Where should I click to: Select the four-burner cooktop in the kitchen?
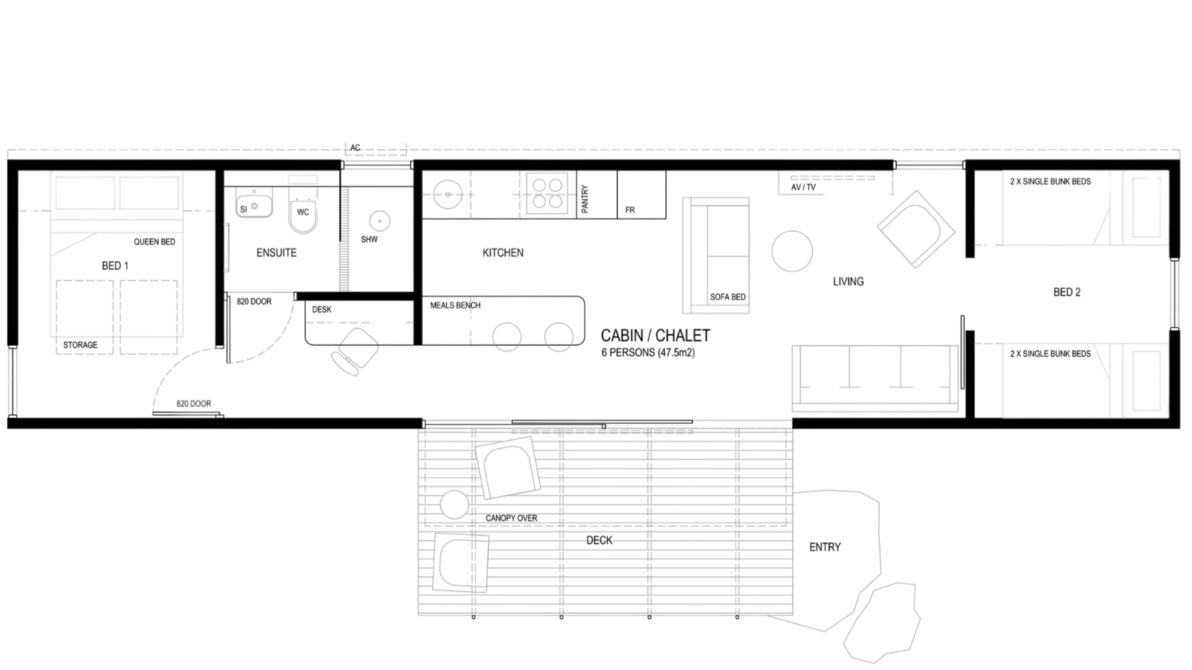pos(548,194)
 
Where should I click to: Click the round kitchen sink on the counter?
pos(448,194)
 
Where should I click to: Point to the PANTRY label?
pos(585,198)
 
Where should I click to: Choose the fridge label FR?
pos(630,210)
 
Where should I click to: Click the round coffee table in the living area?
pos(792,251)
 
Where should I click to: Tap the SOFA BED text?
pos(727,297)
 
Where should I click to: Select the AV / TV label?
pos(803,187)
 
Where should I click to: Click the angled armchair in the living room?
pos(915,230)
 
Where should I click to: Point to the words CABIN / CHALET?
pos(655,336)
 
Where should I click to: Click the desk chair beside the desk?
pos(355,351)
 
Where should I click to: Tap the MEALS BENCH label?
pos(455,305)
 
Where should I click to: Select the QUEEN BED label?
pos(155,241)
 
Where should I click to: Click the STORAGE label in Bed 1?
pos(80,345)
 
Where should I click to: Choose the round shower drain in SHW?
pos(380,220)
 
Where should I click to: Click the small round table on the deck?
pos(455,504)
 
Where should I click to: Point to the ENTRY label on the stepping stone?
pos(825,547)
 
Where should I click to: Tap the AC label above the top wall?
pos(355,148)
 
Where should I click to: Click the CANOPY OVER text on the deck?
pos(512,518)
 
